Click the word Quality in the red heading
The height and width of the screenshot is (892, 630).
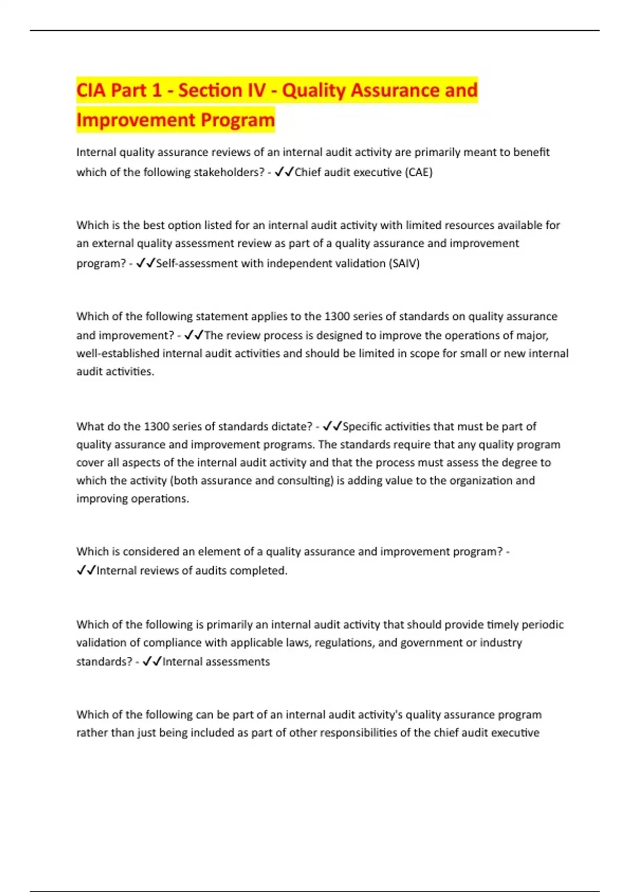[313, 91]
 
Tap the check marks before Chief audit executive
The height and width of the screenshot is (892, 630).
[284, 172]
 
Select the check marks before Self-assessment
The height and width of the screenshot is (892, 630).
[145, 263]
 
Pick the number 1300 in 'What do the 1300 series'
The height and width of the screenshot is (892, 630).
[156, 427]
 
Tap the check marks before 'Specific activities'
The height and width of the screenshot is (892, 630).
[332, 426]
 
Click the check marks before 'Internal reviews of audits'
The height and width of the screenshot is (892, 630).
[86, 570]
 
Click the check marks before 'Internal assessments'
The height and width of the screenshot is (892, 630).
[152, 661]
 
